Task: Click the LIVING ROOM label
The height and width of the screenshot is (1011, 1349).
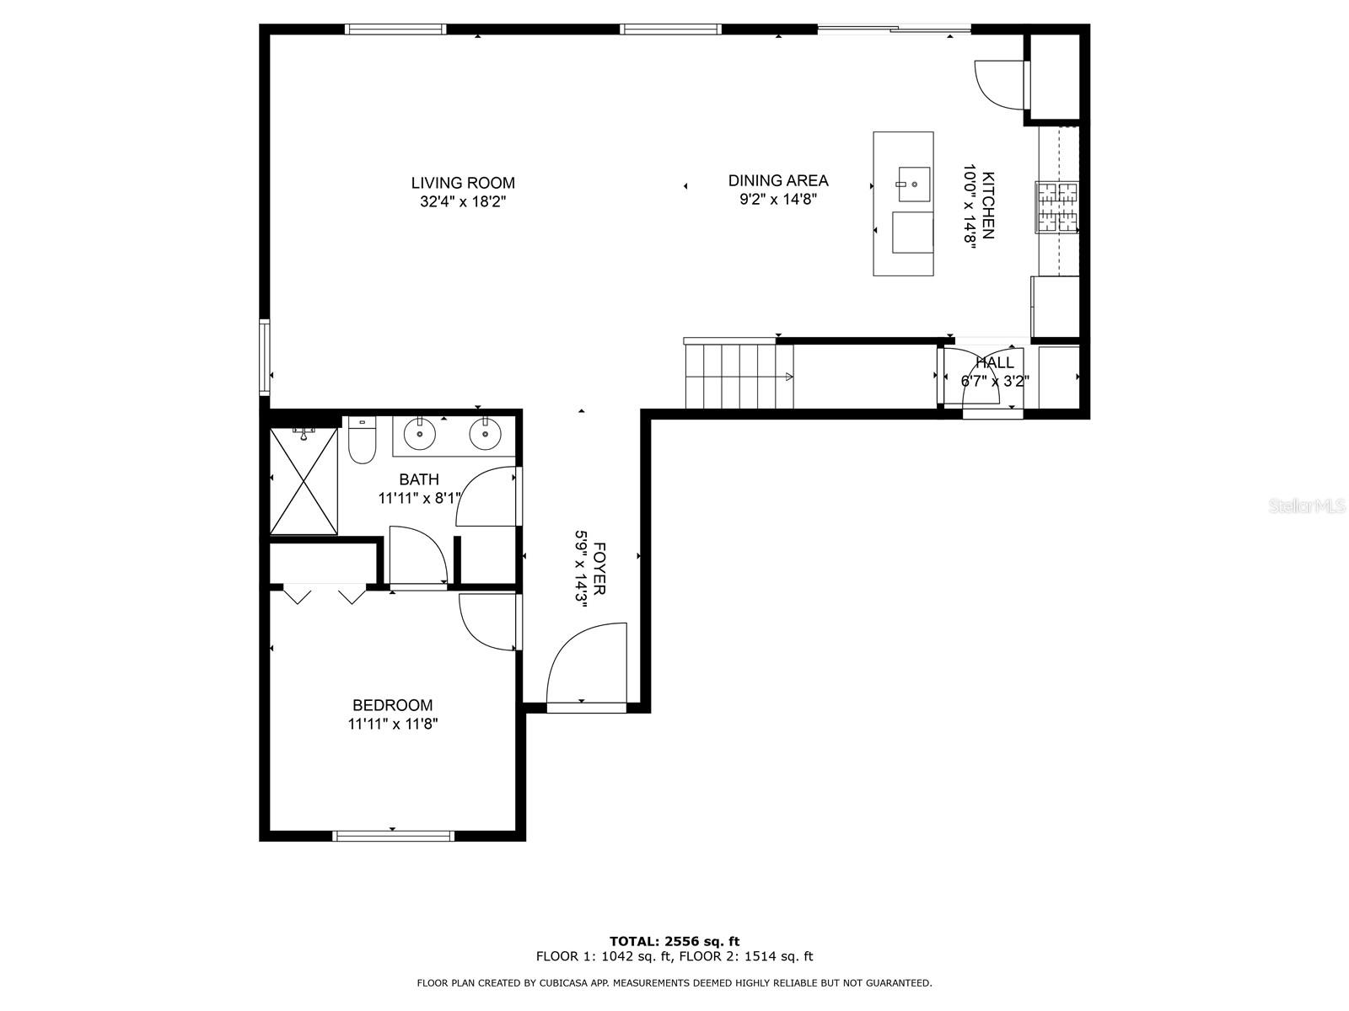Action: (x=463, y=183)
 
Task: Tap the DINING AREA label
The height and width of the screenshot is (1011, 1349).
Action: (x=778, y=180)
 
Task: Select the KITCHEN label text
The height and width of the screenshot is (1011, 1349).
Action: (x=988, y=205)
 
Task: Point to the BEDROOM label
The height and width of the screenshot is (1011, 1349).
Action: (x=392, y=704)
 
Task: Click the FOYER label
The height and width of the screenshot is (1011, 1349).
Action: (x=599, y=569)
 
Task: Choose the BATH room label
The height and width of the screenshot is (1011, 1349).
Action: (x=419, y=479)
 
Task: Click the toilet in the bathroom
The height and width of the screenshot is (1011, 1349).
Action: (x=362, y=440)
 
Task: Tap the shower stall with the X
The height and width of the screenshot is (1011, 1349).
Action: (x=304, y=481)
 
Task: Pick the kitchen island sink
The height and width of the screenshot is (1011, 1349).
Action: (x=914, y=185)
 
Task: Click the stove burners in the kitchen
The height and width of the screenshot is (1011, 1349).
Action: (x=1057, y=207)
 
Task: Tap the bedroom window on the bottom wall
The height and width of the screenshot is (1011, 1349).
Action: (x=394, y=836)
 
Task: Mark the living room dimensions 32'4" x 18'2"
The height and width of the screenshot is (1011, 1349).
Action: (x=463, y=201)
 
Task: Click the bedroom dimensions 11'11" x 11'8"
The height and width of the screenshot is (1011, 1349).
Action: (x=393, y=724)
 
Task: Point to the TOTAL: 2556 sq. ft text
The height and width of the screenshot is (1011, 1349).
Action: (x=674, y=941)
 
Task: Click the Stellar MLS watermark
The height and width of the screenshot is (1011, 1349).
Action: (x=1307, y=506)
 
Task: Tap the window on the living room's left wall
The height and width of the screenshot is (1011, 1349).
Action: (x=264, y=356)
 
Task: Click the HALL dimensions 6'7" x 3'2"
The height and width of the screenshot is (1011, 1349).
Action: (x=995, y=381)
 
